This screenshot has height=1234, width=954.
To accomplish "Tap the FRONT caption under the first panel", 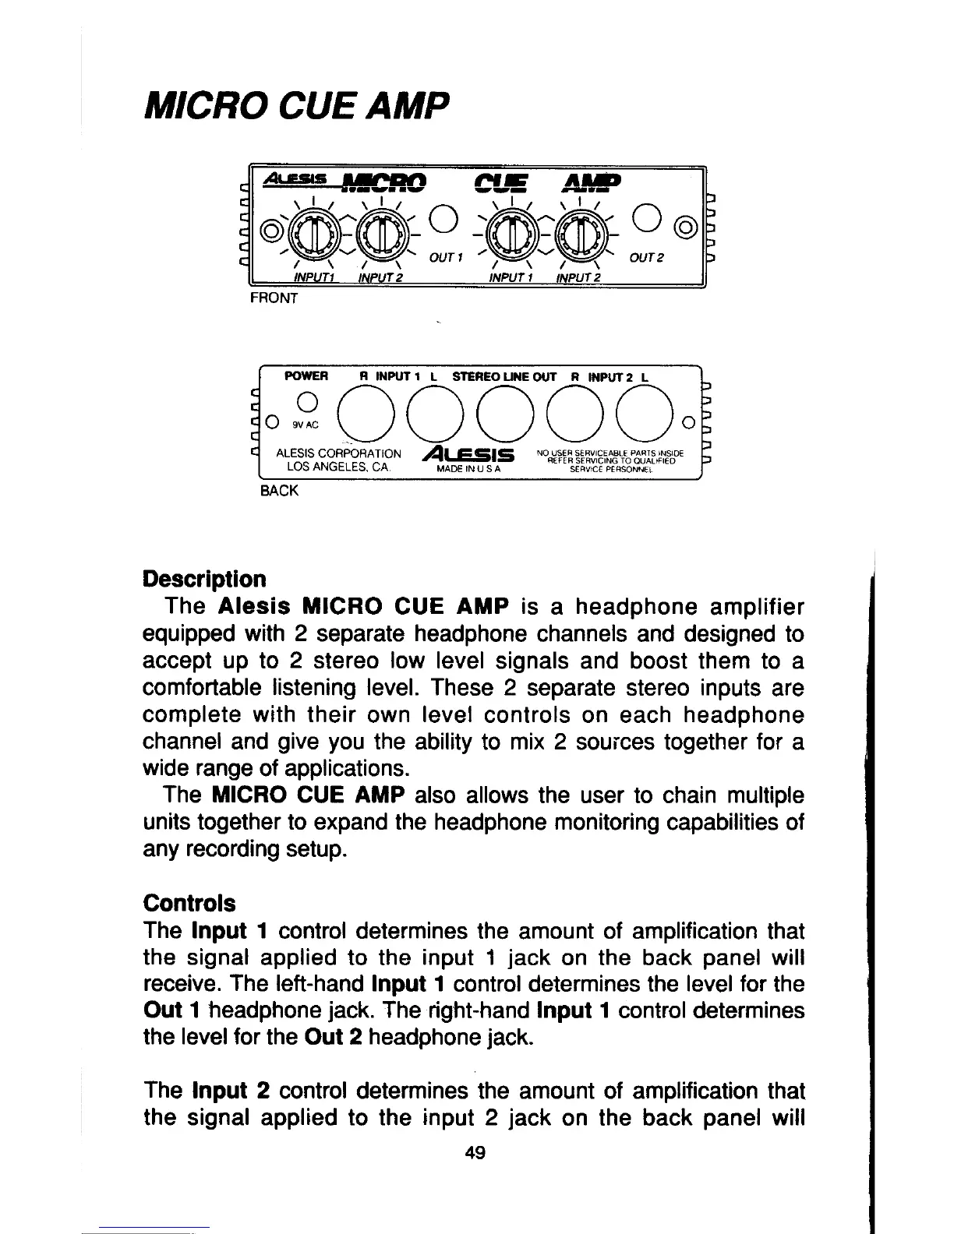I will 274,298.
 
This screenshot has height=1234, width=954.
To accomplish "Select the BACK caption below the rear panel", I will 278,492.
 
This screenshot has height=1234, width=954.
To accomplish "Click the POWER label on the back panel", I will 307,376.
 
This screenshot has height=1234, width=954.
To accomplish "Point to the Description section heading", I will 205,580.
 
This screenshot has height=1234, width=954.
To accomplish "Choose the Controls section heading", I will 189,903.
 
